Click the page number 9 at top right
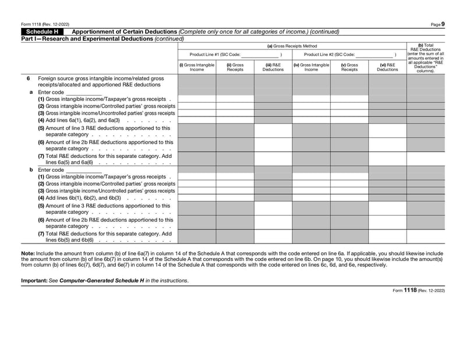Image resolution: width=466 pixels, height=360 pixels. click(x=443, y=24)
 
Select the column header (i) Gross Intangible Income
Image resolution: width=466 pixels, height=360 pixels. click(x=197, y=67)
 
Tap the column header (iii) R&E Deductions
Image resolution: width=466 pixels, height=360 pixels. click(x=273, y=67)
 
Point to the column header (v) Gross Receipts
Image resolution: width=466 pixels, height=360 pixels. click(x=349, y=67)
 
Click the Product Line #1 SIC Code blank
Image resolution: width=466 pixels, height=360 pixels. click(x=260, y=54)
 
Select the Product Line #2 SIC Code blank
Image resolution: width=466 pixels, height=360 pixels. click(x=374, y=54)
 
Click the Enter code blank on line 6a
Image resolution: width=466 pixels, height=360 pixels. click(x=84, y=92)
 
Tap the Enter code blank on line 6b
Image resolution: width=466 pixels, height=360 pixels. click(x=84, y=170)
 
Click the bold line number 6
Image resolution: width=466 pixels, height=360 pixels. click(x=28, y=78)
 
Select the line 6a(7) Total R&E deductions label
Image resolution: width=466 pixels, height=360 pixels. click(x=105, y=159)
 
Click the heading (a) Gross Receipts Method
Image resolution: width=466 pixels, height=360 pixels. click(x=292, y=46)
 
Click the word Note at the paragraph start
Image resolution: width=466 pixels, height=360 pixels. click(x=27, y=253)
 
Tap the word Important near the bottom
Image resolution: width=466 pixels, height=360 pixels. click(x=34, y=281)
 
